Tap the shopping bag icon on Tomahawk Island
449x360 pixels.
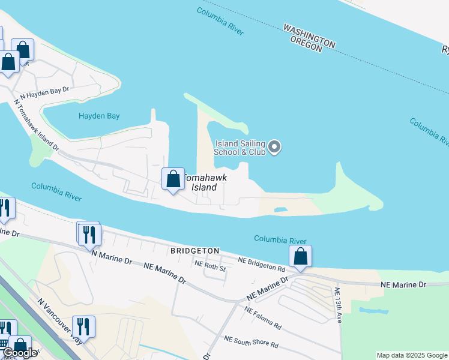pos(173,179)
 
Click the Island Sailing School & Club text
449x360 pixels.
pos(240,148)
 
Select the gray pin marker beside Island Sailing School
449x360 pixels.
pos(274,146)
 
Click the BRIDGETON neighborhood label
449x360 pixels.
pos(194,250)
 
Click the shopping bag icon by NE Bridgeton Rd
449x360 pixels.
pos(301,256)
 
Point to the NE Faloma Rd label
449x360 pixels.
pos(263,318)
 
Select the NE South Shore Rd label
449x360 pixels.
pos(251,342)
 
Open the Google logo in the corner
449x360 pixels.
pos(19,353)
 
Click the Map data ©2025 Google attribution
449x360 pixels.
pos(411,355)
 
